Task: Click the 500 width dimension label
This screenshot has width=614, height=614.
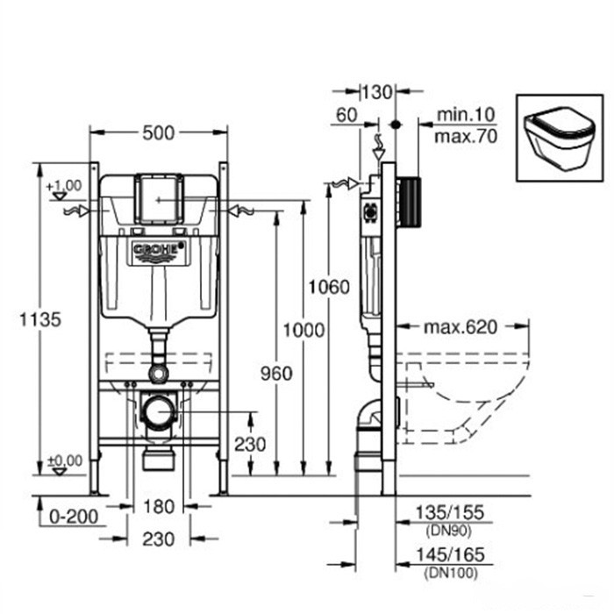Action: (158, 133)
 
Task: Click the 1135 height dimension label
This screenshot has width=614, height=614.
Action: (40, 319)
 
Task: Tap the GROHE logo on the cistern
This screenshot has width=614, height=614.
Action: (158, 249)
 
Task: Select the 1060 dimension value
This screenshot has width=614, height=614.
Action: (329, 288)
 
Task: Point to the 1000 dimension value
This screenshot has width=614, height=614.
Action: (303, 330)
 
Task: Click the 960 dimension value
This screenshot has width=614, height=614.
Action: (276, 374)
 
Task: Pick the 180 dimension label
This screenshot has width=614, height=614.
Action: (159, 507)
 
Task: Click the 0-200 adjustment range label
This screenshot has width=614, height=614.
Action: (74, 517)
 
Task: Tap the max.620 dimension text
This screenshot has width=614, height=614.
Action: (460, 327)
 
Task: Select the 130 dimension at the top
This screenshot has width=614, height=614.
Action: (376, 92)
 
